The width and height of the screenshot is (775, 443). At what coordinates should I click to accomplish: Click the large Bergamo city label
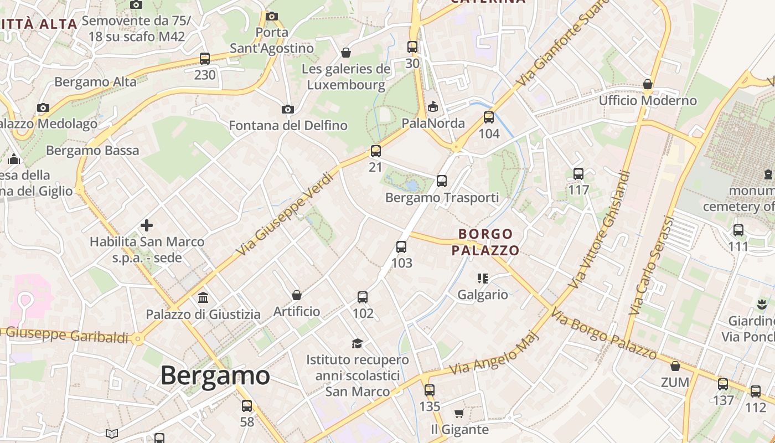(x=215, y=375)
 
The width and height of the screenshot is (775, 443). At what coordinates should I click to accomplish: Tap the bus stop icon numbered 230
(x=205, y=59)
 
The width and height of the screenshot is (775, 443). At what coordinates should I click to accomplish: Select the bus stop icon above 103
(x=401, y=247)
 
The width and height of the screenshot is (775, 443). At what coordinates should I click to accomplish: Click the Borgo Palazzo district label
(x=485, y=242)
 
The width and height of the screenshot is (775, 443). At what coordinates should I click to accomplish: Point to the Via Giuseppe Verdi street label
(x=285, y=214)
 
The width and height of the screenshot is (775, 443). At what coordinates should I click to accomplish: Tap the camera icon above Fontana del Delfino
(x=287, y=109)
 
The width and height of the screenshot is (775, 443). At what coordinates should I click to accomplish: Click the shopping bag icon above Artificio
(x=297, y=295)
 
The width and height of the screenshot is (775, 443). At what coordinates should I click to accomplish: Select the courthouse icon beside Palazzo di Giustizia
(x=203, y=298)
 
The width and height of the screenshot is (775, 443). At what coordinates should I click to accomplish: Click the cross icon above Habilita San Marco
(x=147, y=225)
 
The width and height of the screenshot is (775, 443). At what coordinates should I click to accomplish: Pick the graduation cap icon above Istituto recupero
(x=357, y=343)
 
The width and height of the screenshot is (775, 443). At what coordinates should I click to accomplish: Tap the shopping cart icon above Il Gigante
(x=459, y=413)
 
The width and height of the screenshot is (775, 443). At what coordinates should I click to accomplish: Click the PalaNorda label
(x=433, y=123)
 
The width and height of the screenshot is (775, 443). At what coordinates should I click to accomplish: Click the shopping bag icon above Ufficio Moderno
(x=648, y=84)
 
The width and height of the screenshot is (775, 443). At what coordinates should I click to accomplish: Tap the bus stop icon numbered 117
(x=578, y=174)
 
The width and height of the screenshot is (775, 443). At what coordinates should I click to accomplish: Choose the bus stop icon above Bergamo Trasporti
(x=441, y=181)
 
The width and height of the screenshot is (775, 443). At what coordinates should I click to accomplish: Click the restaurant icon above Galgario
(x=482, y=278)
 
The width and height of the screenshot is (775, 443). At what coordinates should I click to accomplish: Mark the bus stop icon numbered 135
(x=430, y=390)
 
